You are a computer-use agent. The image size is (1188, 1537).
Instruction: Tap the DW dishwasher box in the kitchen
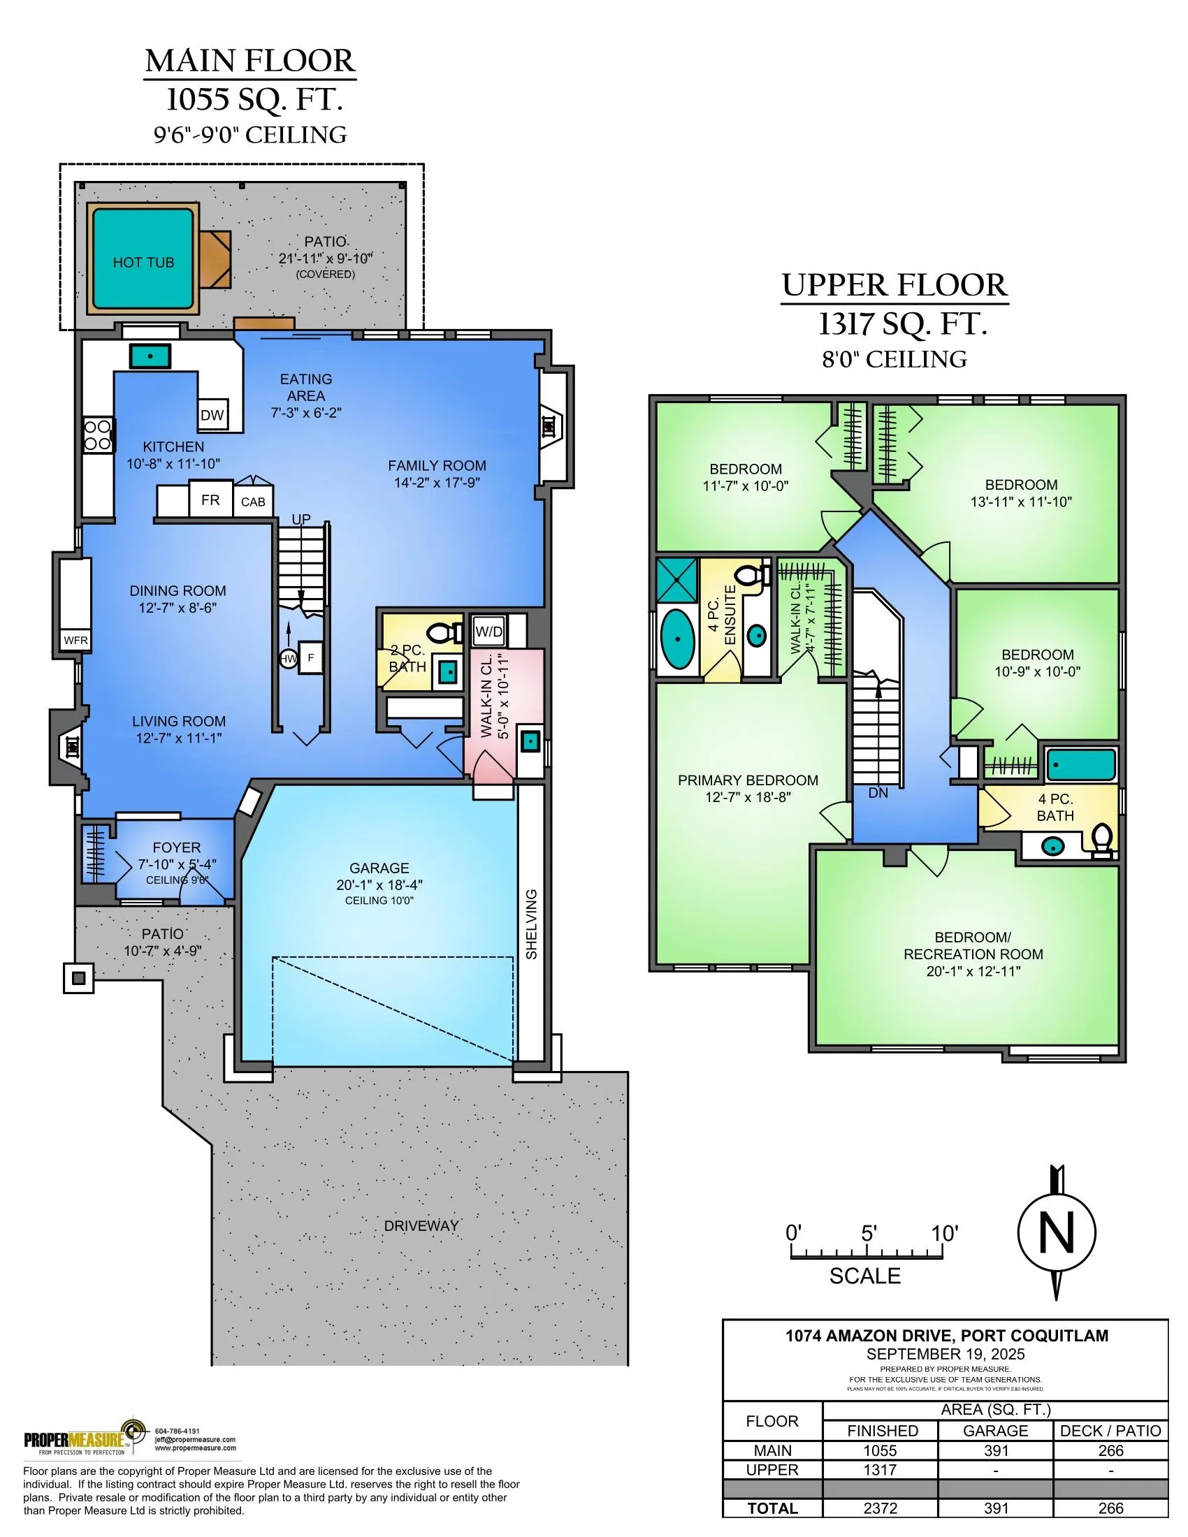(212, 414)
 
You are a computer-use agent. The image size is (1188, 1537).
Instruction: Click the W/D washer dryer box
(488, 632)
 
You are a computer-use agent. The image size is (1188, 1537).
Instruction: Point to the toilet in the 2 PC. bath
(442, 632)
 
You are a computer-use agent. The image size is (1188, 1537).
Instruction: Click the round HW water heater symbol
(289, 659)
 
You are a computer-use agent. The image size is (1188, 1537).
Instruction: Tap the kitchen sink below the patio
(150, 356)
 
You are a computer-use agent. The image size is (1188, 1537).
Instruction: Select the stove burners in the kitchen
(98, 435)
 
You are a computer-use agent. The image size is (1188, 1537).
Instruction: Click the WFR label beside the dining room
(75, 641)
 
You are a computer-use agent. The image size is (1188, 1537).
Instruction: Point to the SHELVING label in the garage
(531, 924)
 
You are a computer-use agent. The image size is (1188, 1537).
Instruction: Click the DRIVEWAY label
(421, 1225)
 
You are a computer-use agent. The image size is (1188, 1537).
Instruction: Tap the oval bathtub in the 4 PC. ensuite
(677, 639)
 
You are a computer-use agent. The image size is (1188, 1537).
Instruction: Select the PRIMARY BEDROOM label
(748, 780)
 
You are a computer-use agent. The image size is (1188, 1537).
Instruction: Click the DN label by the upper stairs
(878, 792)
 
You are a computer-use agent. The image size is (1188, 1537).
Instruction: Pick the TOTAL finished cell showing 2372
(881, 1508)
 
